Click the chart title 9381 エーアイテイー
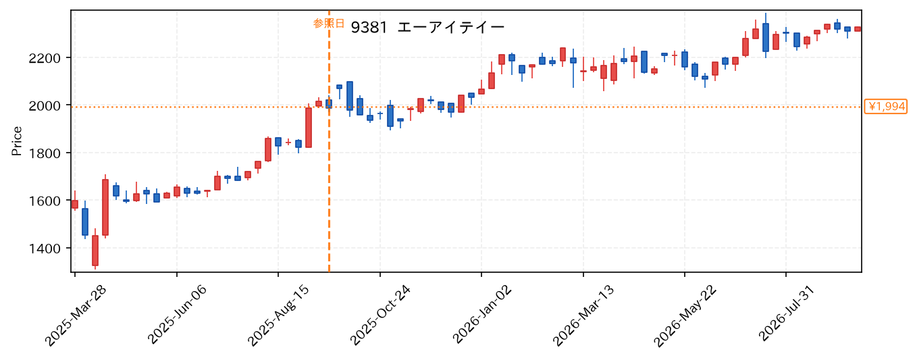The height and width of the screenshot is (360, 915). pos(427,28)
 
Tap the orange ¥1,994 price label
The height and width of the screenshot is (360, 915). pos(885,107)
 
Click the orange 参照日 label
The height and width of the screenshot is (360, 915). pos(328,23)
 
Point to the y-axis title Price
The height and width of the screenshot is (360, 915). pos(17,141)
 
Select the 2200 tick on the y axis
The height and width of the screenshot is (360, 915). pos(45,59)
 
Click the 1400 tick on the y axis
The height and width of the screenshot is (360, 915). pos(45,249)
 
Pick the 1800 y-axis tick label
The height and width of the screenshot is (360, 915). pos(45,153)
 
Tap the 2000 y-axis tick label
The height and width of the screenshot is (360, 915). pos(45,106)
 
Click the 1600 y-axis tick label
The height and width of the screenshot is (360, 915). pos(45,201)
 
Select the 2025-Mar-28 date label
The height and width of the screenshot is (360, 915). pos(76,316)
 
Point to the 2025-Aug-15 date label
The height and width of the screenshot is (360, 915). pos(279,316)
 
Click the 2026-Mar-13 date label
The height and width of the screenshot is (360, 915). pos(583,316)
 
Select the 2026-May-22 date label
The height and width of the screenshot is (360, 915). pos(685,316)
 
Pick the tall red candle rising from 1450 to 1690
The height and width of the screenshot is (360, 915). pos(105,207)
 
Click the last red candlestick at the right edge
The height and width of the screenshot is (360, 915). pos(858,29)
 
